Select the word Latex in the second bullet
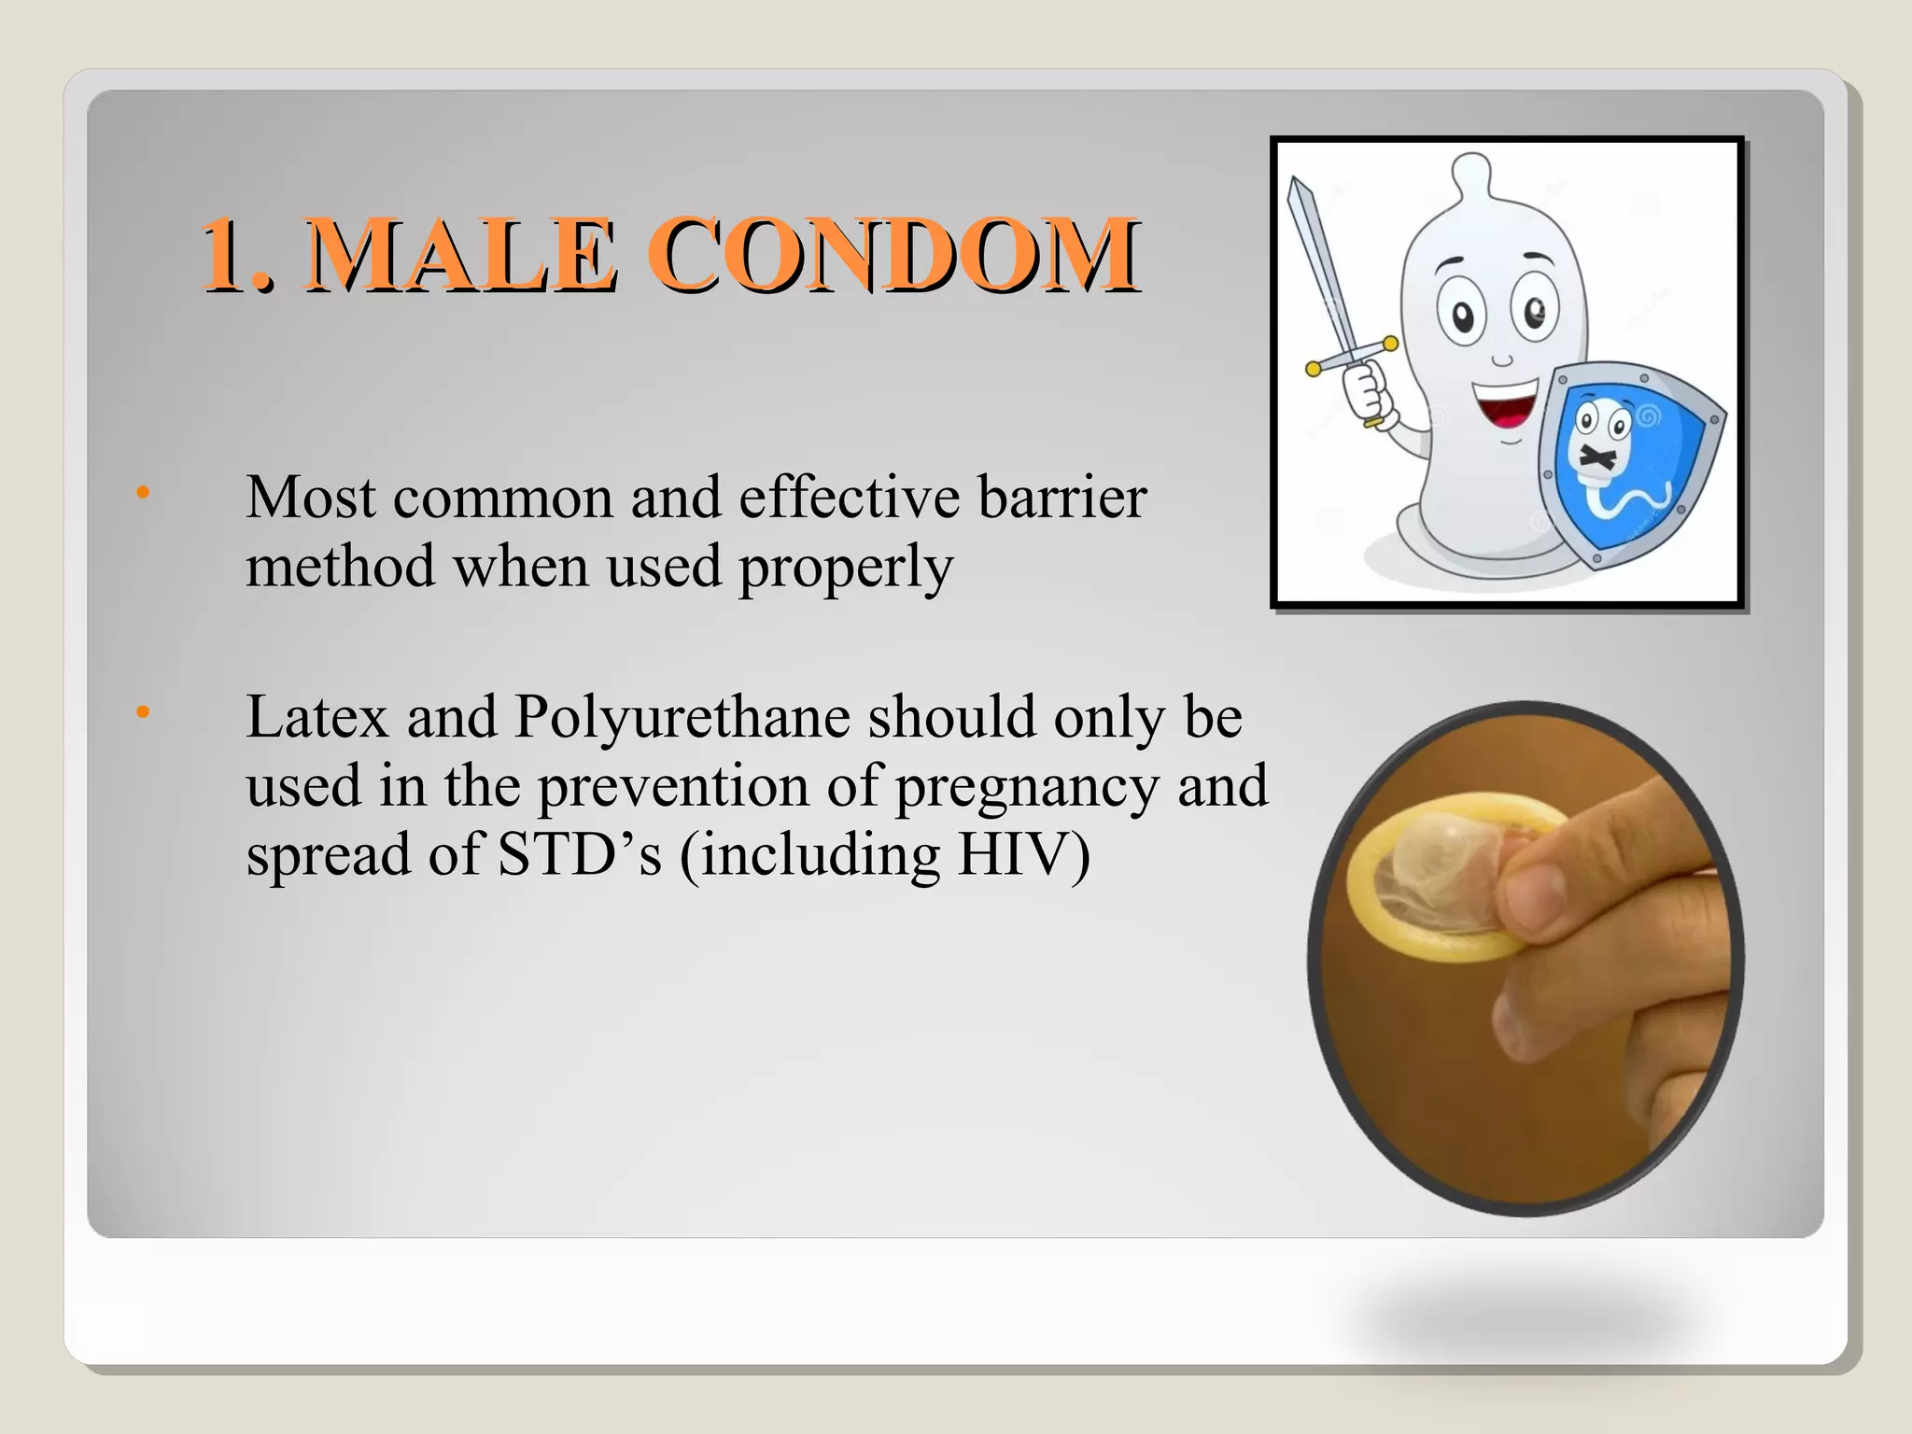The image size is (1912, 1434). (316, 717)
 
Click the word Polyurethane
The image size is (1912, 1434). (682, 719)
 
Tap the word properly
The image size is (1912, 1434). (846, 568)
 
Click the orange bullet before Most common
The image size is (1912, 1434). (142, 492)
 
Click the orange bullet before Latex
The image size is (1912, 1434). (142, 713)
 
